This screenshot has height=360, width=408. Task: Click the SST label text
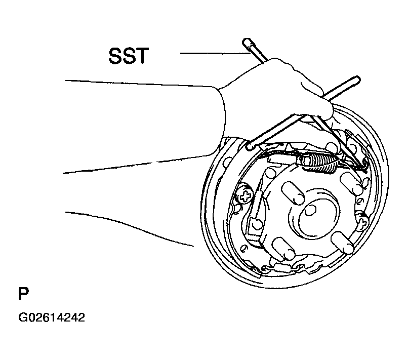(129, 56)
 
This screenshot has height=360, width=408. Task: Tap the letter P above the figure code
(23, 294)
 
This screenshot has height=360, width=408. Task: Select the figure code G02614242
(52, 317)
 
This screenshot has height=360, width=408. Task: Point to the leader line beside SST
(215, 54)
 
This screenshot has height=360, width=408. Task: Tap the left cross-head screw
(244, 195)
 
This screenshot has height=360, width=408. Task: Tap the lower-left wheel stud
(283, 249)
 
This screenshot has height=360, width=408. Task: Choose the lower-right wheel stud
(343, 243)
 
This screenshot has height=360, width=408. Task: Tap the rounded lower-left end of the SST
(249, 146)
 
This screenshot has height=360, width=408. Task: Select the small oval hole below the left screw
(238, 208)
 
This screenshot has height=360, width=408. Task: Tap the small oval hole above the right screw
(360, 201)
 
